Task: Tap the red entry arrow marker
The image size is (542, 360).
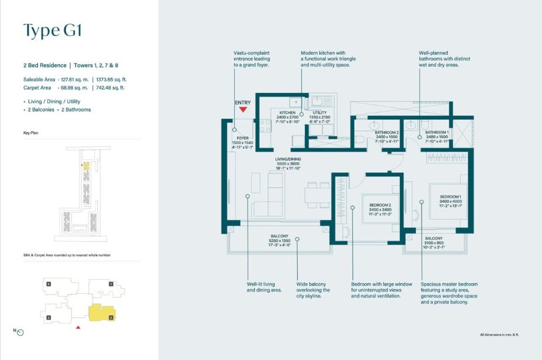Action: (242, 109)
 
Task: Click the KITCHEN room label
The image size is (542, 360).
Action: (287, 112)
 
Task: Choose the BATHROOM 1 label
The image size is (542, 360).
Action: (438, 132)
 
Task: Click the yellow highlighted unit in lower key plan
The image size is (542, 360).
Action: (101, 313)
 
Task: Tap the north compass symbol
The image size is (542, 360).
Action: (20, 332)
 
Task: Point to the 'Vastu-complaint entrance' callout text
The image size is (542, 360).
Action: (252, 58)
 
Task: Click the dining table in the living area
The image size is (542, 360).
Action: (317, 194)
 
